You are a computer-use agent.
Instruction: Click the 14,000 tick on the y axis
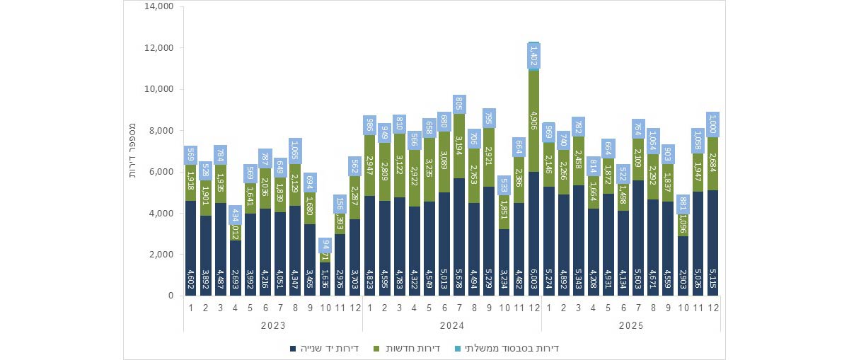click(x=159, y=7)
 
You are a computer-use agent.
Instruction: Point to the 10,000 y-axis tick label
click(x=159, y=90)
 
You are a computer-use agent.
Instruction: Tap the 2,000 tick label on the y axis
click(x=161, y=255)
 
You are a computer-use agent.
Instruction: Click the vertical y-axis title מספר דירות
click(x=132, y=151)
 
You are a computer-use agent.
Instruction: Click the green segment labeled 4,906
click(x=534, y=120)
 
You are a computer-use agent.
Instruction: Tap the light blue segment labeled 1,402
click(x=534, y=56)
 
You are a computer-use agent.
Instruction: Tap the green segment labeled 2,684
click(x=713, y=163)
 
